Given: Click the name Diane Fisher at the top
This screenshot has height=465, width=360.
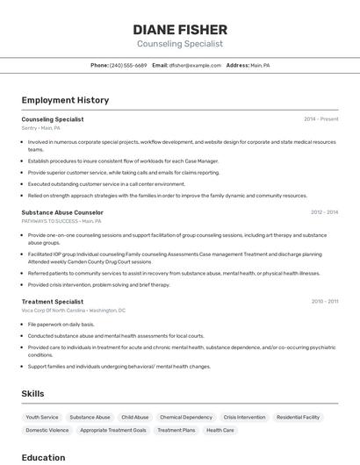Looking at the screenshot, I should tap(180, 29).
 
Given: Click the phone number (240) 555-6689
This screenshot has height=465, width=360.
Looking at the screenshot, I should tap(128, 66).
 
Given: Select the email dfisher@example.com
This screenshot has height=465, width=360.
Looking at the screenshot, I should tap(195, 66).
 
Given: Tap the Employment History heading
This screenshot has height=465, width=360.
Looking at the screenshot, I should tap(65, 100).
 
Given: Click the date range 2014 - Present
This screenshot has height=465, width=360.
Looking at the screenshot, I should tap(320, 119).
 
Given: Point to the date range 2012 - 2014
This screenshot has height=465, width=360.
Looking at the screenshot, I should tap(324, 212).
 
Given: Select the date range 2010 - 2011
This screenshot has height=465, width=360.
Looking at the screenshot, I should tap(324, 302).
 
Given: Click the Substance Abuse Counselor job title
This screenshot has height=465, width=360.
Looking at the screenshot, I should tap(62, 212).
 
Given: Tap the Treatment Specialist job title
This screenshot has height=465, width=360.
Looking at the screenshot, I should tap(53, 302).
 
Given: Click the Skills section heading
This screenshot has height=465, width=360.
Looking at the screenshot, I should tap(32, 394).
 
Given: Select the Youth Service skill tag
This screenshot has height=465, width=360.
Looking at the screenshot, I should tap(42, 418).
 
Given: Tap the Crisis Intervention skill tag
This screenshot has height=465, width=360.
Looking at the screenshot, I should tap(244, 418).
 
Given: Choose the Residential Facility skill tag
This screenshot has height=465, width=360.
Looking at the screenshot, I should tap(298, 418).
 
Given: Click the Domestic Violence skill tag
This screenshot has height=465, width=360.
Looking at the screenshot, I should tap(47, 431).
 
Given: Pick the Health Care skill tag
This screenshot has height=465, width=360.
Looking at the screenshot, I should tap(220, 431).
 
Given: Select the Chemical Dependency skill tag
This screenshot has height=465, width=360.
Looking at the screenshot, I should tap(186, 418).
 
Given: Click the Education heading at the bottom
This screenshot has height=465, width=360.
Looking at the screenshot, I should tap(43, 457).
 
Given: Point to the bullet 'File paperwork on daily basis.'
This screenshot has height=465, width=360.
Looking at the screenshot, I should tap(61, 325).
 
